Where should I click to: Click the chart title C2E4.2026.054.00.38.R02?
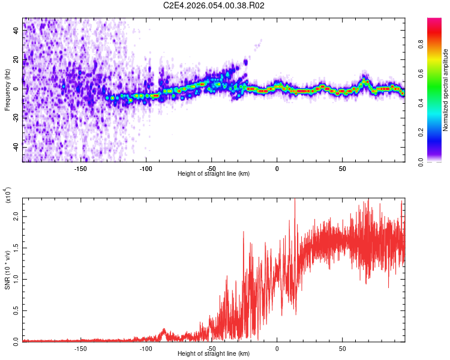[x=214, y=6]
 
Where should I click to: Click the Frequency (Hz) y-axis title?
[x=7, y=90]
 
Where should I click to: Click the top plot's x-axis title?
[x=214, y=173]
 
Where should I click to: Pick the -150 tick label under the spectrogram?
[x=81, y=168]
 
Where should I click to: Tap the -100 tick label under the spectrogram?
[x=146, y=168]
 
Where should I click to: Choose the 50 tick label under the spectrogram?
[x=342, y=168]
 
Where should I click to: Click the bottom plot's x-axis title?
[x=214, y=353]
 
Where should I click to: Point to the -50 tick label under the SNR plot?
[x=211, y=348]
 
